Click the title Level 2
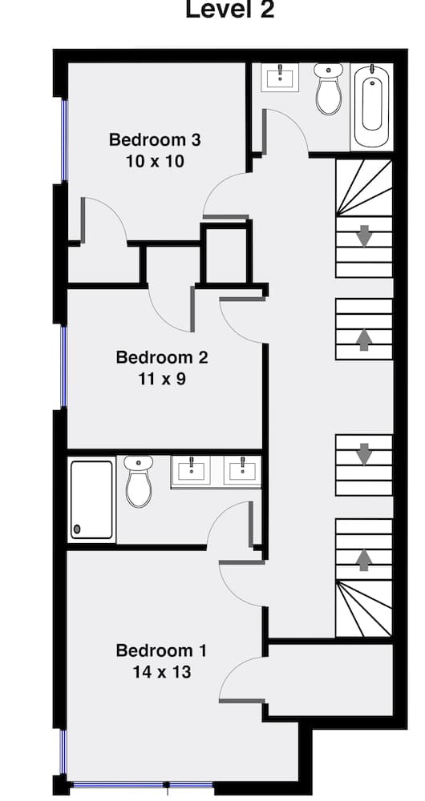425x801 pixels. point(229,10)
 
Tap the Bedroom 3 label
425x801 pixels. point(155,140)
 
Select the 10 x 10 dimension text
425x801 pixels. point(155,161)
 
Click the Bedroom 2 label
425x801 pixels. point(162,357)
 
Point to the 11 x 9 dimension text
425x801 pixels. point(162,378)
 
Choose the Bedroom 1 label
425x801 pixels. point(162,650)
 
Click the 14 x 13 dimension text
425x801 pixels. point(162,672)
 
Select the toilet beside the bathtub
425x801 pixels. point(327,90)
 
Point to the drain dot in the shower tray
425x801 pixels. point(77,529)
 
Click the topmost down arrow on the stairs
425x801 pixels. point(364,236)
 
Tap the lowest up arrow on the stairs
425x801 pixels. point(364,558)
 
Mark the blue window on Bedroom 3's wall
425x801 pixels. point(63,141)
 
